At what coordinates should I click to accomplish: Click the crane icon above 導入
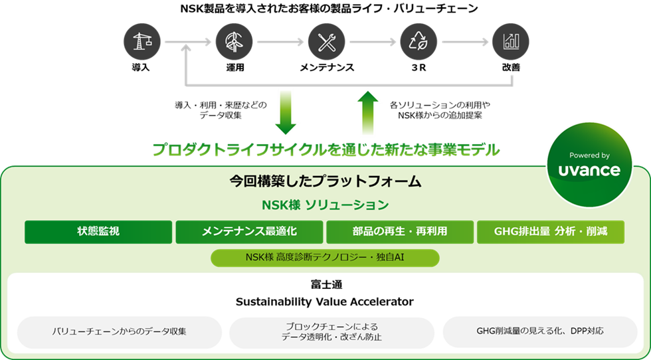pyautogui.click(x=142, y=42)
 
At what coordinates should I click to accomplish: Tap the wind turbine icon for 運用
pyautogui.click(x=234, y=42)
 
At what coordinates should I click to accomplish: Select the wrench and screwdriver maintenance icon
pyautogui.click(x=326, y=42)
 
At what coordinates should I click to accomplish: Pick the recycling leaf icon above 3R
pyautogui.click(x=418, y=42)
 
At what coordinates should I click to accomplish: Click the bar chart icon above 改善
pyautogui.click(x=511, y=42)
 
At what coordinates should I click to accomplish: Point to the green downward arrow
pyautogui.click(x=285, y=112)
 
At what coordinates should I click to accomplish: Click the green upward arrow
pyautogui.click(x=367, y=112)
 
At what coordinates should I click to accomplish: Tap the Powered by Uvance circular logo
pyautogui.click(x=590, y=165)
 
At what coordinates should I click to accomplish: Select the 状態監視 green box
pyautogui.click(x=98, y=232)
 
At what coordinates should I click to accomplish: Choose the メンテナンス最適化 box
pyautogui.click(x=249, y=232)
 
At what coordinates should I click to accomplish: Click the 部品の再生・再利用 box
pyautogui.click(x=400, y=232)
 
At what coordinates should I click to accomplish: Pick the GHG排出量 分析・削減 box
pyautogui.click(x=551, y=232)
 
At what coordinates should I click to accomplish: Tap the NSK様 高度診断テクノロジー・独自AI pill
pyautogui.click(x=325, y=258)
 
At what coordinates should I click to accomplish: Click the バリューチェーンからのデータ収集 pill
pyautogui.click(x=120, y=332)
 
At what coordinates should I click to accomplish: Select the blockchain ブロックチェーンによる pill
pyautogui.click(x=331, y=332)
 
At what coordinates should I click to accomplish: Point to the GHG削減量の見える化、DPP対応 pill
pyautogui.click(x=540, y=332)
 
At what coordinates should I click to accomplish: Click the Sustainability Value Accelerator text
pyautogui.click(x=325, y=302)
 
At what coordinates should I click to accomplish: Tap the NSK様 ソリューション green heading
pyautogui.click(x=325, y=205)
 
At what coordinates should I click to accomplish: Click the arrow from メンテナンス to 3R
pyautogui.click(x=373, y=42)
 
